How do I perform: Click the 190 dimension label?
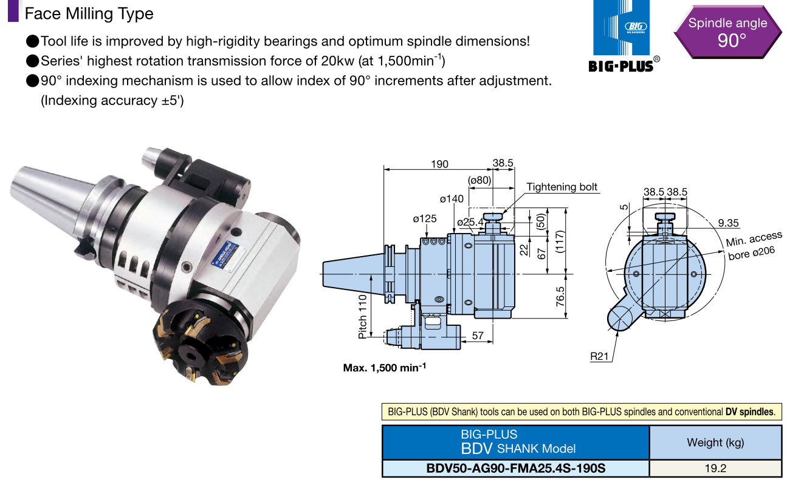coord(439,164)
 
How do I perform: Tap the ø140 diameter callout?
coord(452,199)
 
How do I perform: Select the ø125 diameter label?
coord(424,218)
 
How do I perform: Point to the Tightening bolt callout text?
coord(562,187)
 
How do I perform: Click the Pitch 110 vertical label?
coord(362,317)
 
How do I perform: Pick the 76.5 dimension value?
coord(560,297)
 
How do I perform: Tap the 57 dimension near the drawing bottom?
coord(478,336)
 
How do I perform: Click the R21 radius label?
coord(599,356)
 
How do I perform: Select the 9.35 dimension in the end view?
coord(728,223)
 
